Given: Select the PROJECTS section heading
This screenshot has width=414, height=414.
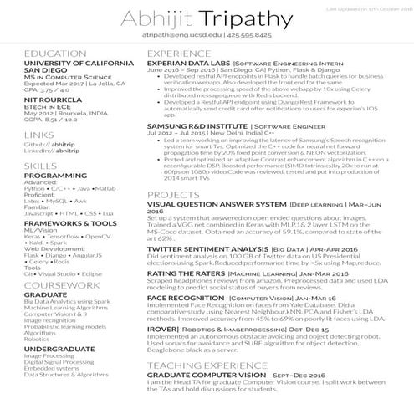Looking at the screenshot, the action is point(172,194).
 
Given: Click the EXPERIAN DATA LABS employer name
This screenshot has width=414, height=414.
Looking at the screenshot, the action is point(187,63).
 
